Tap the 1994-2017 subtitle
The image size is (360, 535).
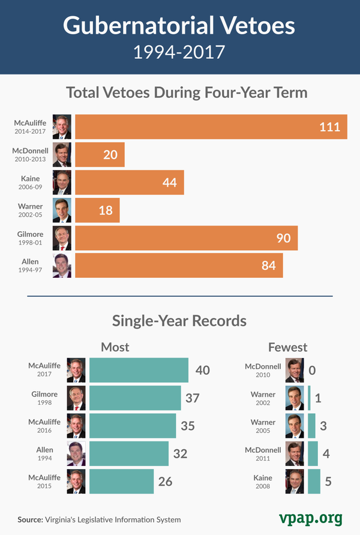179,52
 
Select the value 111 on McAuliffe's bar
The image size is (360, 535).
329,127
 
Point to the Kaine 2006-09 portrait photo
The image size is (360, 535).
62,182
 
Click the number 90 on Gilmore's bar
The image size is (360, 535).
283,238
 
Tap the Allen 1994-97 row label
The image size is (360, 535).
30,266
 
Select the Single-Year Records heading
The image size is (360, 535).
179,320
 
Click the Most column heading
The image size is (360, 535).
115,347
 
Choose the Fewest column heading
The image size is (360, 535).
287,347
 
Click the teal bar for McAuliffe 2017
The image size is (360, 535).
139,370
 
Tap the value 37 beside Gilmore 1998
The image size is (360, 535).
192,398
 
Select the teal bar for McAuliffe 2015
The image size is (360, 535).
121,482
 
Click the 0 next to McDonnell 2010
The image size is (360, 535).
312,370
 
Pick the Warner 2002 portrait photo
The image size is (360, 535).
295,398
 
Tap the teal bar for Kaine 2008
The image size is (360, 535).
314,482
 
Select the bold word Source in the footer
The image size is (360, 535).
31,519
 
